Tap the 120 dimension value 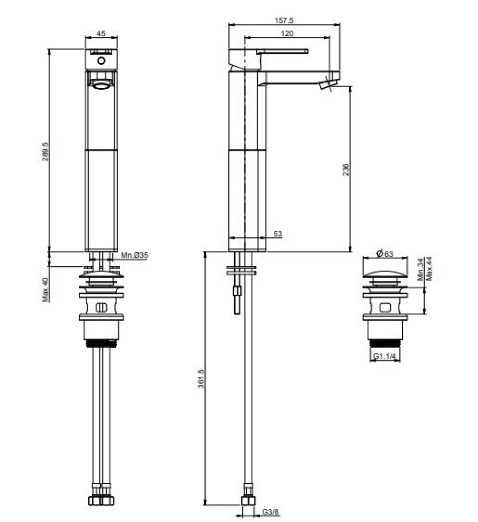click(287, 34)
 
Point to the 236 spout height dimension click(345, 170)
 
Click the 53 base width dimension click(277, 233)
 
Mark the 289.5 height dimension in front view click(45, 151)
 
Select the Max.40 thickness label click(45, 290)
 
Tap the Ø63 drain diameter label click(384, 254)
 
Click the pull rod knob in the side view click(238, 290)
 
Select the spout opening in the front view click(101, 85)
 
